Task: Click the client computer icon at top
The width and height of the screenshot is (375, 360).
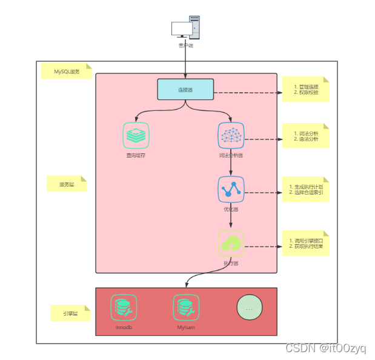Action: pos(185,28)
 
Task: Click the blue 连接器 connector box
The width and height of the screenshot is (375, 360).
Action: pos(185,89)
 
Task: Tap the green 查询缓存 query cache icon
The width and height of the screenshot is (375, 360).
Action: pos(136,135)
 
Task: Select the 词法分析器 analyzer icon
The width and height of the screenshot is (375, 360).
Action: pos(231,135)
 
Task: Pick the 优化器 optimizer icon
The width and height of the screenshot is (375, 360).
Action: pos(231,189)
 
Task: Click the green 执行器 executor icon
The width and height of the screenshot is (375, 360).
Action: pos(231,243)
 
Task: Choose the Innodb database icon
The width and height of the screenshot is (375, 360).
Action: pos(123,307)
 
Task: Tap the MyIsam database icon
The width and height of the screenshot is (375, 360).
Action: pos(185,307)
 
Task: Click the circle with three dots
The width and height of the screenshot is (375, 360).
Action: pos(249,307)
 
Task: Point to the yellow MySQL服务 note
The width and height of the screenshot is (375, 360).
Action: pos(66,72)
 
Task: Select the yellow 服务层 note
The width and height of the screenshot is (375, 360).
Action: pos(67,184)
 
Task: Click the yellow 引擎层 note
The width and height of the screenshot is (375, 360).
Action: pos(70,313)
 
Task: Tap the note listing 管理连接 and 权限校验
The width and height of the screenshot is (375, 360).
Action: pos(305,90)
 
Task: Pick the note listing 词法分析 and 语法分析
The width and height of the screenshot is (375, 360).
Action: pos(305,136)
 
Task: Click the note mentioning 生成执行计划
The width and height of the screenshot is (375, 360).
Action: pos(305,189)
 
